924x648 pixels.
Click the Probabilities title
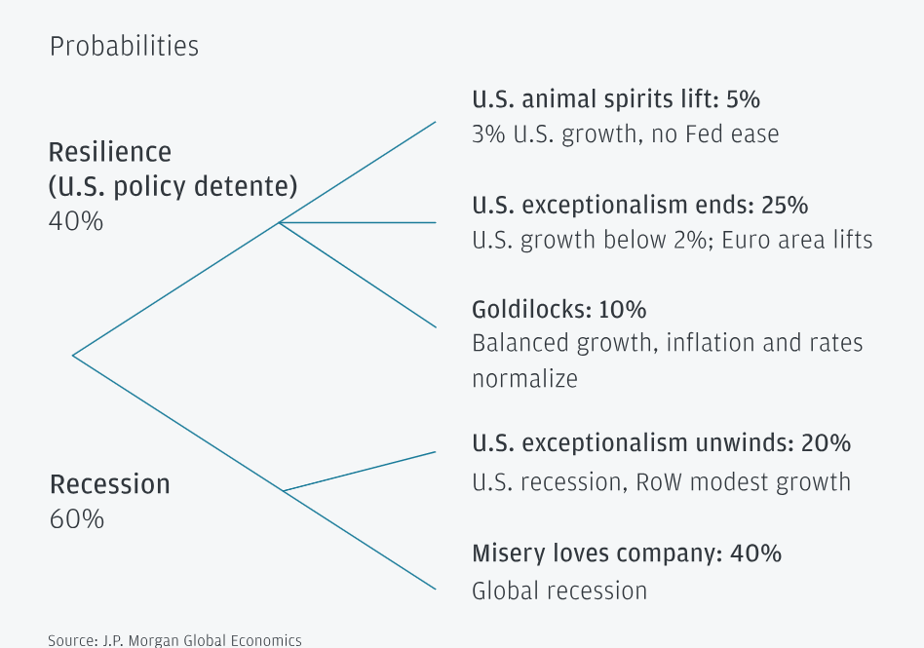[x=124, y=46]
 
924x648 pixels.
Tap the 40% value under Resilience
[x=76, y=221]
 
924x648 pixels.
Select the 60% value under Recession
[x=77, y=518]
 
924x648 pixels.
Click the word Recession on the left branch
[x=110, y=484]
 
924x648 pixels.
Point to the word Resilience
[x=110, y=152]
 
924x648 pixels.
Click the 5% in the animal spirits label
[x=743, y=99]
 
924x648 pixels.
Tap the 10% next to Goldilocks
[x=624, y=310]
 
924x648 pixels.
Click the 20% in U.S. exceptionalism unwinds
[x=826, y=443]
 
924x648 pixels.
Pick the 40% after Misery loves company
[x=756, y=553]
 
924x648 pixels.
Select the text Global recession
[x=559, y=591]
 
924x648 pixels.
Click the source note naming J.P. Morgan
[x=175, y=640]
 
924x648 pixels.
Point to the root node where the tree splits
[x=73, y=355]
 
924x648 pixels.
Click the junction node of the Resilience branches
[x=280, y=222]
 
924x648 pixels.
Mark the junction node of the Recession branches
[x=284, y=490]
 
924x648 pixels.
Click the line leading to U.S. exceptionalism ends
[x=361, y=222]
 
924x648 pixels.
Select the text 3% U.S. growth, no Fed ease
[x=625, y=133]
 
